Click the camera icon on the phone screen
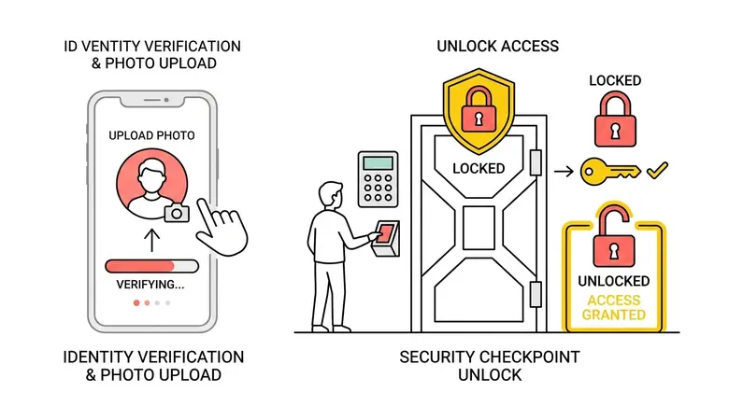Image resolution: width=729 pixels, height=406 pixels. point(177,213)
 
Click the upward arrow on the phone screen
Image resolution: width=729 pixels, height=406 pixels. point(152,240)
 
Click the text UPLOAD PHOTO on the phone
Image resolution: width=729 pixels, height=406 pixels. point(151,135)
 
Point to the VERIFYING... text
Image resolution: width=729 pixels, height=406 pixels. point(150,285)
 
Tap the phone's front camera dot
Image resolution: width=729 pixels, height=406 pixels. point(166,100)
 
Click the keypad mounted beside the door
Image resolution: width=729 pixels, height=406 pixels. point(378,179)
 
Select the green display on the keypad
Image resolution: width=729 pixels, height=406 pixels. point(378,163)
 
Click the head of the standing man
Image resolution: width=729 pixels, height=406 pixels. point(331,195)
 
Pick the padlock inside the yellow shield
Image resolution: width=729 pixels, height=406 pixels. point(479,110)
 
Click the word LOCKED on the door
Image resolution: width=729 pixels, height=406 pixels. point(479,168)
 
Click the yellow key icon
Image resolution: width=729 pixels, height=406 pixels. point(610,172)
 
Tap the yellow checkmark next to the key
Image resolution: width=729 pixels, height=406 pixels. point(657,171)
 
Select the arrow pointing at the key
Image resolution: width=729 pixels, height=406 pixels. point(564,172)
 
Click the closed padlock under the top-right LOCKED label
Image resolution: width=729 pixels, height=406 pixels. point(616,119)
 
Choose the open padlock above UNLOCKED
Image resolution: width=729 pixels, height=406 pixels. point(614,236)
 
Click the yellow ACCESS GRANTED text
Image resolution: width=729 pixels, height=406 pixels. point(614,307)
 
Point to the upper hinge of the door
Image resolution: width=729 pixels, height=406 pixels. point(536,162)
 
